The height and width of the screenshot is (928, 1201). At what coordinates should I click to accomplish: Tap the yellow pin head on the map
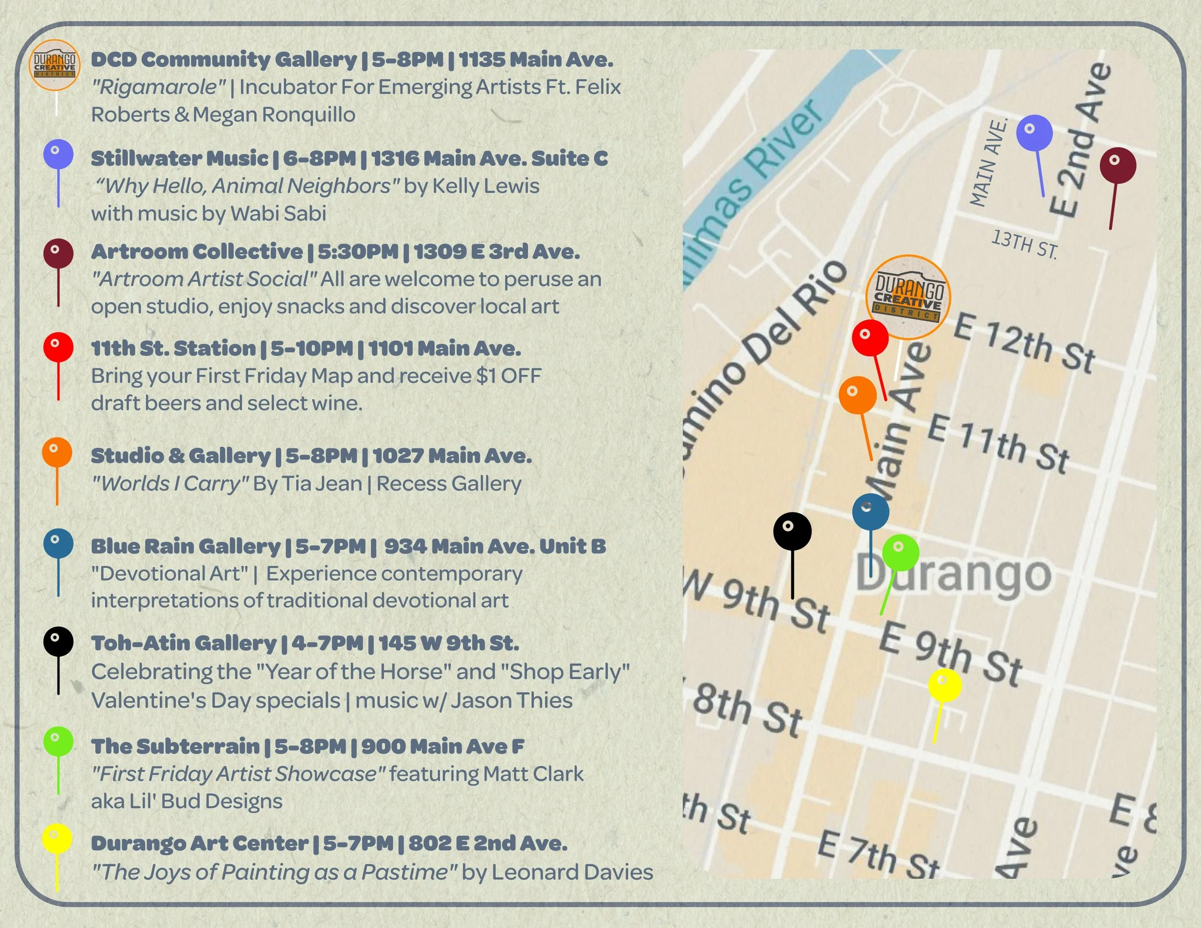[x=945, y=685]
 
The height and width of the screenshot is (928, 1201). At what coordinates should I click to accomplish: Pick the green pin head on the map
[x=900, y=552]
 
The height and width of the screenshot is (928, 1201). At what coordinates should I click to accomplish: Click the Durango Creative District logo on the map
[x=908, y=297]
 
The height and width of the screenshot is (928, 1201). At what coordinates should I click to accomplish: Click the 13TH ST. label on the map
[x=1024, y=244]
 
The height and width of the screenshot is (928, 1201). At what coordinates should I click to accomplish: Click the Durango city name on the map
[x=954, y=575]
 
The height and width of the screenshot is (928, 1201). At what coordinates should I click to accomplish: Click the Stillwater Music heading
[x=179, y=159]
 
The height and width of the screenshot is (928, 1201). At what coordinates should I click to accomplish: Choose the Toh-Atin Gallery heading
[x=184, y=643]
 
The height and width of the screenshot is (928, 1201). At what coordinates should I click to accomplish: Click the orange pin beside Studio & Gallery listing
[x=57, y=453]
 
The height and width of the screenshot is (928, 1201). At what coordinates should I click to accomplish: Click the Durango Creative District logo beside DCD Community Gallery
[x=54, y=65]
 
